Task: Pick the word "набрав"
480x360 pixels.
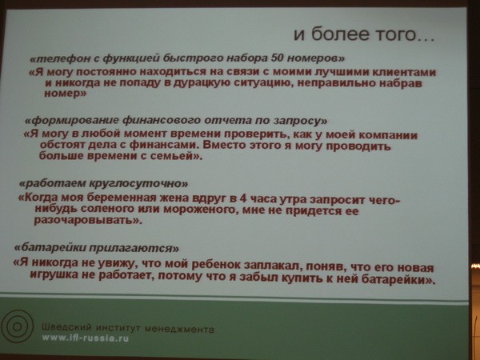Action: point(401,83)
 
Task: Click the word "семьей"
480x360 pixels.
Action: point(177,156)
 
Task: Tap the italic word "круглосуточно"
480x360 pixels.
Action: point(138,183)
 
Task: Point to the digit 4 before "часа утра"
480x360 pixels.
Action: point(242,198)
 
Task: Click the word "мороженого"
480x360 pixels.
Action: point(201,210)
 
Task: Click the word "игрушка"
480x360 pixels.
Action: point(54,274)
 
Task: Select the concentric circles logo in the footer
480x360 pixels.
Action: point(17,326)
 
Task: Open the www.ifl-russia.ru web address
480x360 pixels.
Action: point(86,338)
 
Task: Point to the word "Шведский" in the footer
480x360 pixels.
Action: point(66,327)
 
